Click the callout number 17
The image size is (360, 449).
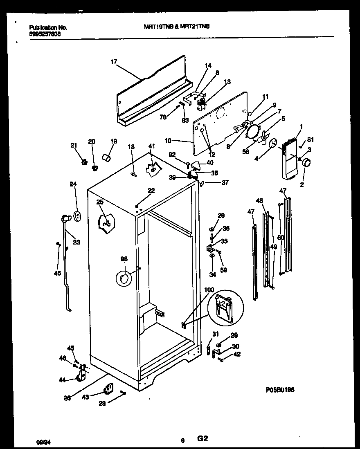[x=113, y=62]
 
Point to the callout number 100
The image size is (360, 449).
[x=209, y=290]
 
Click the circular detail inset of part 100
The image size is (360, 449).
[x=225, y=307]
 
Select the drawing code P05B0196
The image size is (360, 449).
[x=280, y=390]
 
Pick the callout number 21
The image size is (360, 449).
[x=74, y=145]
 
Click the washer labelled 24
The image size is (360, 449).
[x=76, y=216]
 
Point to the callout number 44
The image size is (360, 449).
[x=62, y=380]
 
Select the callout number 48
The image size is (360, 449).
[x=259, y=201]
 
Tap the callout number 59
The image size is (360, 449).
[x=224, y=270]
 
